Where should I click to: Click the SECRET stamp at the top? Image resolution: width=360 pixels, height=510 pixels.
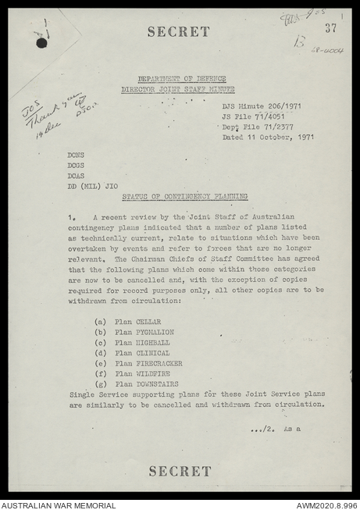click(x=179, y=32)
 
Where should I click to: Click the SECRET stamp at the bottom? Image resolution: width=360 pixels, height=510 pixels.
click(x=180, y=471)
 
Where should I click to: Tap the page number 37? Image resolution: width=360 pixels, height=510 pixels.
click(x=331, y=28)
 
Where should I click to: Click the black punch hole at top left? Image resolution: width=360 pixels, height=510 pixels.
click(x=41, y=43)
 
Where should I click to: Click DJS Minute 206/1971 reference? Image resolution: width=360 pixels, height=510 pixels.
click(x=262, y=106)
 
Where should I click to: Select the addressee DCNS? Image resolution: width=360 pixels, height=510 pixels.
click(x=76, y=155)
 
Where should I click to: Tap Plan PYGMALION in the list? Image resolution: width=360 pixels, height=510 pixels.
click(x=144, y=332)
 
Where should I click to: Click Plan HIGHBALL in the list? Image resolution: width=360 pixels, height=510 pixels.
click(x=141, y=343)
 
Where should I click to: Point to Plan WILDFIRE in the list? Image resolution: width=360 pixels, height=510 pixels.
click(x=141, y=373)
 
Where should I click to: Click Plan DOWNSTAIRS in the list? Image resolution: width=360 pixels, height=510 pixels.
click(x=146, y=384)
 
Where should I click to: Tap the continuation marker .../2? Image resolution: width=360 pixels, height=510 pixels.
click(x=262, y=429)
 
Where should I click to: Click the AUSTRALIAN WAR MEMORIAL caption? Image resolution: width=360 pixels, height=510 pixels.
click(x=59, y=505)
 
